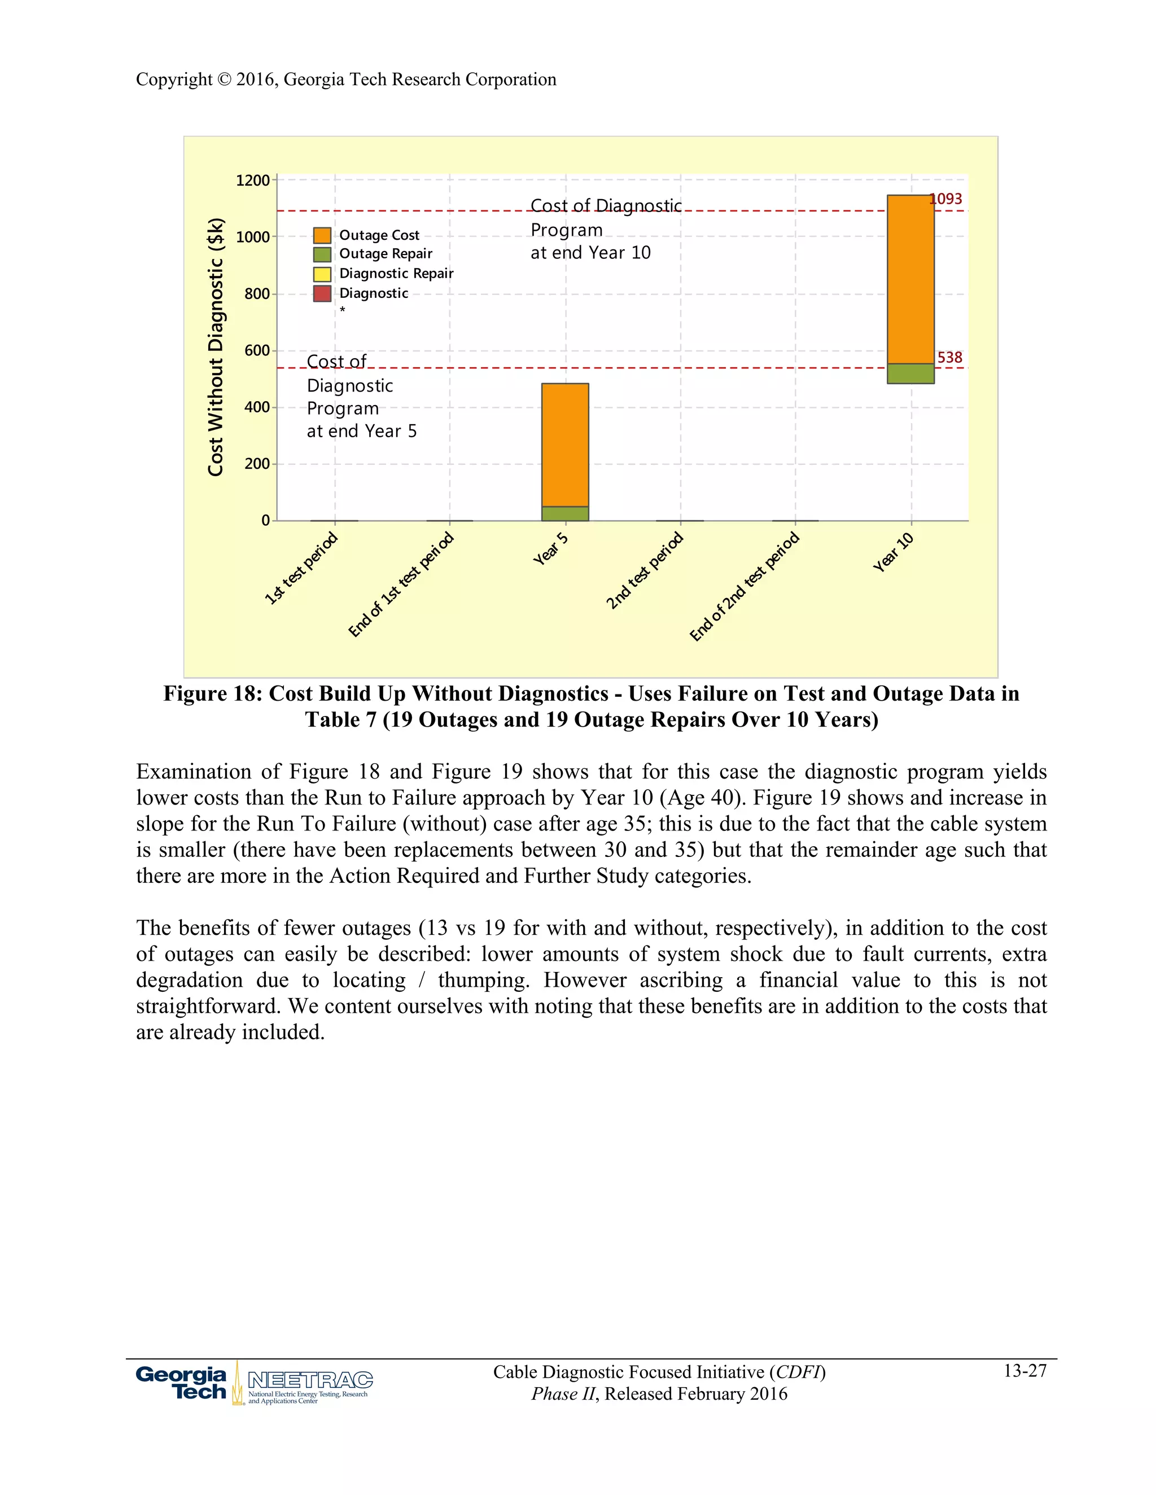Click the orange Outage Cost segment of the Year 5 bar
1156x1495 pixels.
[x=565, y=445]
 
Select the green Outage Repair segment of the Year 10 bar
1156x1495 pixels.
[x=910, y=373]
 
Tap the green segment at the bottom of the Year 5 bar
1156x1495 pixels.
[x=565, y=513]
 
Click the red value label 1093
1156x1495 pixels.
[x=947, y=199]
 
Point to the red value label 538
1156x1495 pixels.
[x=949, y=357]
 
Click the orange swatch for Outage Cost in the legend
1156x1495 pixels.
[x=322, y=235]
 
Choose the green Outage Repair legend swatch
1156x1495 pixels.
[x=322, y=254]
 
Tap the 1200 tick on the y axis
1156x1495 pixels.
[x=253, y=181]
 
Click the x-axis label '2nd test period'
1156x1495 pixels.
[x=645, y=570]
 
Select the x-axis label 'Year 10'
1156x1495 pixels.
[x=893, y=552]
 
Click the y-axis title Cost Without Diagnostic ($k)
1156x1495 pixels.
[x=216, y=347]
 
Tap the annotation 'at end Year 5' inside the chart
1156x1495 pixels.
[x=362, y=431]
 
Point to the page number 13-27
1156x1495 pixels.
[x=1024, y=1370]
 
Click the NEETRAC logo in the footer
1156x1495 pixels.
[x=309, y=1380]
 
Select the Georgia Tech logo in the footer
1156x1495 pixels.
[x=182, y=1383]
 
